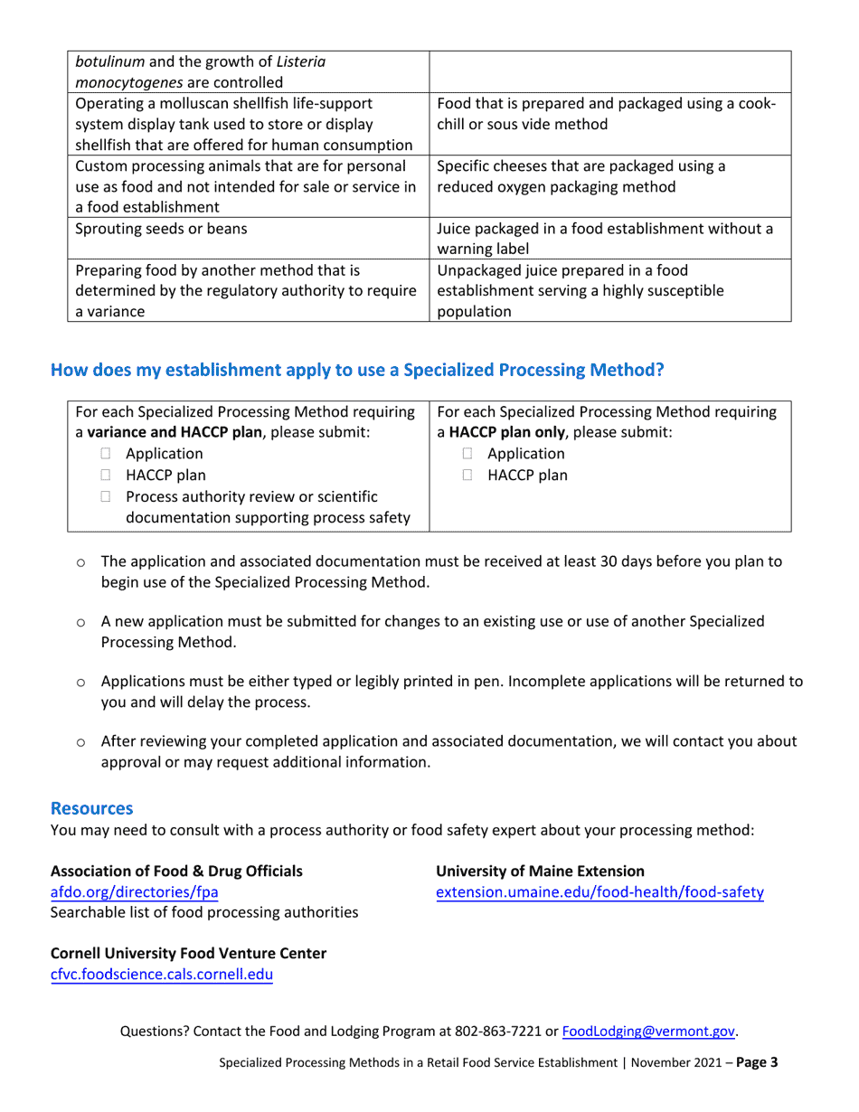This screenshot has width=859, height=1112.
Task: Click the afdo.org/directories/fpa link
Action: pos(134,892)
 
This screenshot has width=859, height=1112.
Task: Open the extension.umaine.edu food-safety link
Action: pos(599,892)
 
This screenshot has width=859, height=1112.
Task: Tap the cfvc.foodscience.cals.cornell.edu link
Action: pos(161,975)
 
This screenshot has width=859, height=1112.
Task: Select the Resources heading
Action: pos(91,807)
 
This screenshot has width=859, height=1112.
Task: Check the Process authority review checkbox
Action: pos(107,496)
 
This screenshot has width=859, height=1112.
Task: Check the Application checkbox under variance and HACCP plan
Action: pos(107,455)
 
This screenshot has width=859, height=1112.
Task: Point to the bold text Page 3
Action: pos(757,1063)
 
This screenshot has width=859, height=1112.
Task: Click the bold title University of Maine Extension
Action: pos(540,871)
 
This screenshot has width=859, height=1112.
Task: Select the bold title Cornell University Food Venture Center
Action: pos(188,953)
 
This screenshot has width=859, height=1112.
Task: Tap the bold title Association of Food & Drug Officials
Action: pos(176,871)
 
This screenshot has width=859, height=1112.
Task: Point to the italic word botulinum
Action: pos(112,62)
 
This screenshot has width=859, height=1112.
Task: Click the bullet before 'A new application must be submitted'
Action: pos(80,623)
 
